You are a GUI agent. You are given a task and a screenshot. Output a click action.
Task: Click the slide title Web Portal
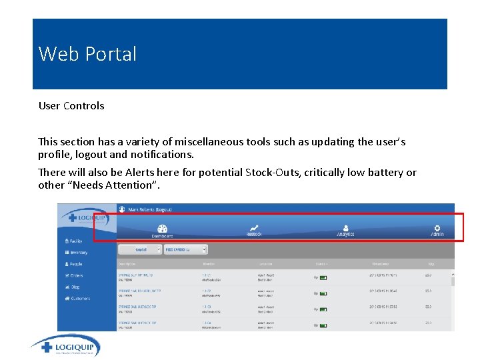[x=87, y=53]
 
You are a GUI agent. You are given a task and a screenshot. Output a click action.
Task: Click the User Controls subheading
[x=71, y=106]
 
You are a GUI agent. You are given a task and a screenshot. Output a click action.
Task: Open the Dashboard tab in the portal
[x=162, y=231]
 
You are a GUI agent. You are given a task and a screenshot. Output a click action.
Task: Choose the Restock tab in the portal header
[x=254, y=230]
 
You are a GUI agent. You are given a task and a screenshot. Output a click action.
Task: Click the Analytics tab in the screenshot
[x=345, y=230]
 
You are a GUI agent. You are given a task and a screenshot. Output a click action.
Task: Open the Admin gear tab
[x=437, y=230]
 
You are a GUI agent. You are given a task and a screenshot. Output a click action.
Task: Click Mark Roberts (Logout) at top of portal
[x=145, y=209]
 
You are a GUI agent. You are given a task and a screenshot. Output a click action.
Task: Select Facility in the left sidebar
[x=75, y=241]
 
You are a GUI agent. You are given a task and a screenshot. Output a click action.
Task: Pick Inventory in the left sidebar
[x=77, y=253]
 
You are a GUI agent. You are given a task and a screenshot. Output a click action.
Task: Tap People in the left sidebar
[x=75, y=264]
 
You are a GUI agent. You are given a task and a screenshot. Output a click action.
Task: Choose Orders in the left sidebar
[x=75, y=275]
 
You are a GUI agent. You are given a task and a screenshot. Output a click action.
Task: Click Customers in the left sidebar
[x=79, y=299]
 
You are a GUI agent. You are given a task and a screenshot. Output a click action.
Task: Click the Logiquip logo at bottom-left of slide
[x=65, y=347]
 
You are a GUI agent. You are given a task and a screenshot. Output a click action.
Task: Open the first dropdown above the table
[x=140, y=249]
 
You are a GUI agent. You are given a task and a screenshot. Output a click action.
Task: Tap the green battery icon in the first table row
[x=323, y=277]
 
